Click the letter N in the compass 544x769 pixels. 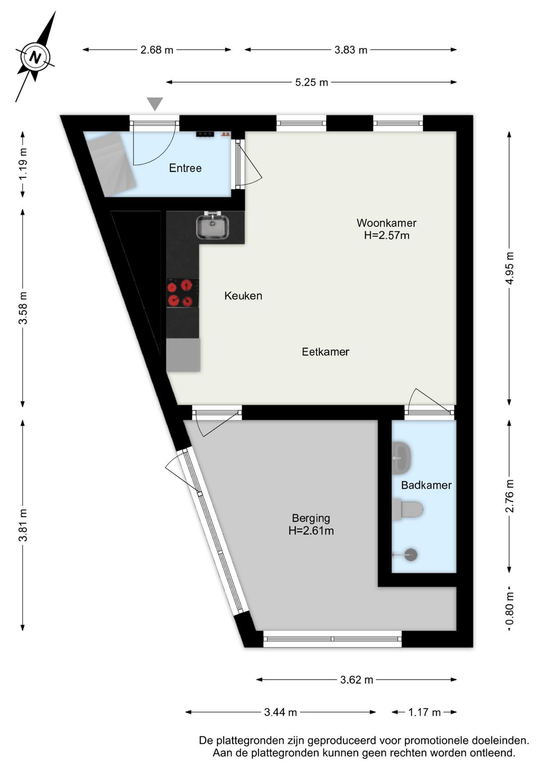click(35, 56)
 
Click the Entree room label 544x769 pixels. click(185, 168)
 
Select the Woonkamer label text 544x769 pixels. click(386, 223)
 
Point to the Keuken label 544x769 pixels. click(243, 296)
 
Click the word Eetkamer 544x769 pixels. click(326, 352)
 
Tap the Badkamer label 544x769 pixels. click(426, 485)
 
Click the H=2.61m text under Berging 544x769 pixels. click(311, 531)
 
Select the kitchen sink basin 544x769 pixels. click(213, 227)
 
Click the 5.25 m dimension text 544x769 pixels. click(312, 83)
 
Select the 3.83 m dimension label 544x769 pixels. click(351, 50)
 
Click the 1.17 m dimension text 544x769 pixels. click(424, 713)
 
